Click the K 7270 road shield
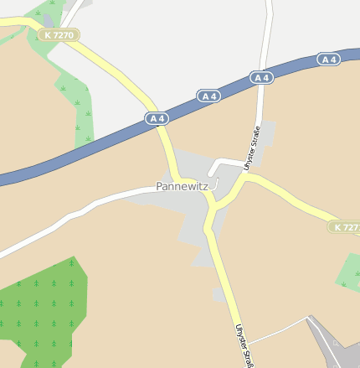(59, 35)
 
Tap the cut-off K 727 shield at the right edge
(344, 227)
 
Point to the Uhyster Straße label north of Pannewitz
(252, 148)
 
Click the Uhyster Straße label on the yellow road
(243, 344)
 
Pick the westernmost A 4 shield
(157, 119)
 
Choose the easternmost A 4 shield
(329, 60)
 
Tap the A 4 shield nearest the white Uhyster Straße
(262, 78)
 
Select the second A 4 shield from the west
(209, 96)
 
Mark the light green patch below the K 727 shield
(349, 272)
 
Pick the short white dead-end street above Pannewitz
(224, 161)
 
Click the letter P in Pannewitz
(159, 187)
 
